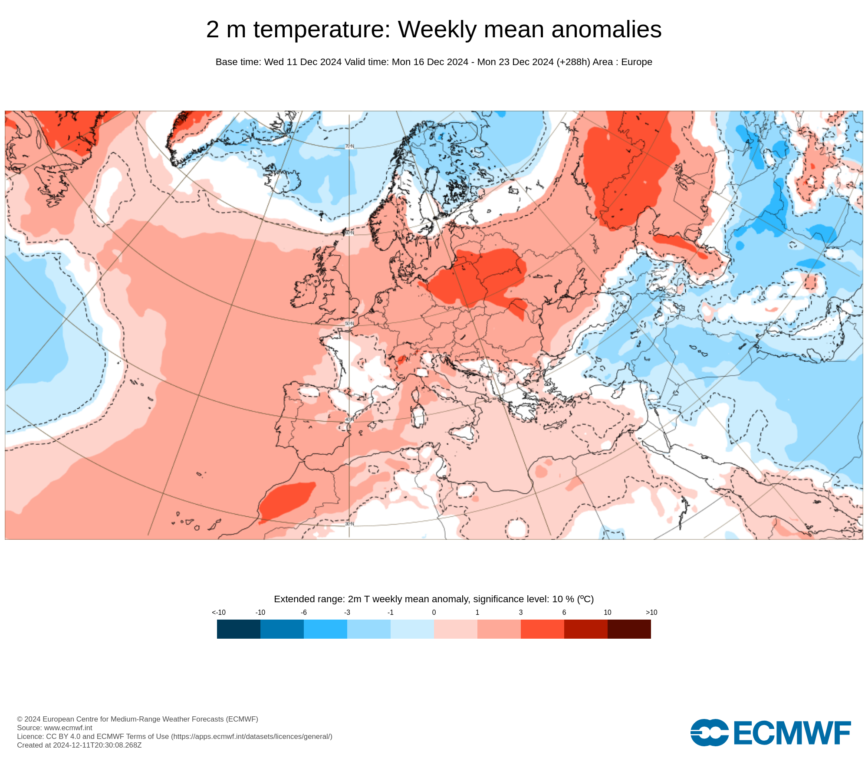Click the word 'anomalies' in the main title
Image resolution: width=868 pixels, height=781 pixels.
tap(606, 30)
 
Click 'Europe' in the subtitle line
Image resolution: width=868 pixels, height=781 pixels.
tap(636, 62)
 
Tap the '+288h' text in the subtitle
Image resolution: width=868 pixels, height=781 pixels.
tap(573, 62)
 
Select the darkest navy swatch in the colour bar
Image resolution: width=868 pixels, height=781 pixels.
tap(239, 629)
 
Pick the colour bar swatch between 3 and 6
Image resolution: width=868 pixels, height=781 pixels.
tap(542, 629)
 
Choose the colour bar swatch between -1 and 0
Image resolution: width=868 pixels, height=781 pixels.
tap(412, 629)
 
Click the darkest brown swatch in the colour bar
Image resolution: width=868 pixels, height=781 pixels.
tap(629, 629)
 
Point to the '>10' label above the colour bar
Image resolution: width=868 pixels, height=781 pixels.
tap(651, 612)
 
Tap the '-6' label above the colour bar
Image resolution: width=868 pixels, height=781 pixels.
tap(304, 612)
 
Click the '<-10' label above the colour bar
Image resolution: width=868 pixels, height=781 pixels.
tap(219, 612)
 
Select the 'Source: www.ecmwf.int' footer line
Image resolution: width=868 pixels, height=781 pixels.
tap(55, 728)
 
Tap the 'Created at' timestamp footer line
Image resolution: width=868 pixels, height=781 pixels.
tap(79, 745)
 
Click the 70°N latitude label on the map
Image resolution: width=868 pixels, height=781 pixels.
tap(349, 147)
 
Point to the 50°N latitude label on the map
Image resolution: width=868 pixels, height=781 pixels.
tap(349, 324)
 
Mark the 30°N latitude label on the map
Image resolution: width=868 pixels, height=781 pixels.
tap(349, 524)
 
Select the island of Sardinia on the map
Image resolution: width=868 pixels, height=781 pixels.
tap(418, 414)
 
